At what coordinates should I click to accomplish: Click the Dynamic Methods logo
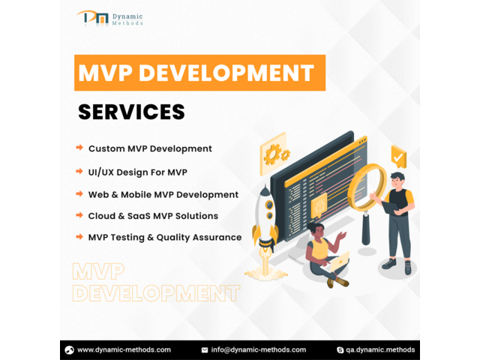110,18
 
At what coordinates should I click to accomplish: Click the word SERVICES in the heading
132,112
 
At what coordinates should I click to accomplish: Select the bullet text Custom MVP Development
150,148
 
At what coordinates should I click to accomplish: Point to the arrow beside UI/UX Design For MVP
79,171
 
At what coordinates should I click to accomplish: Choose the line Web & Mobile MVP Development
163,195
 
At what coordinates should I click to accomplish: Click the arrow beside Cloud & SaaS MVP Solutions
79,215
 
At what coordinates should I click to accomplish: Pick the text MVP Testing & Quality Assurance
165,237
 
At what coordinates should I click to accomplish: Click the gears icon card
274,154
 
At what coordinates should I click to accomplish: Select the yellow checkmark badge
398,157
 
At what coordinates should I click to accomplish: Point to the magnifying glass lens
367,187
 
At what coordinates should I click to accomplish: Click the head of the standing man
397,181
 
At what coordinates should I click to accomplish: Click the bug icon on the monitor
319,205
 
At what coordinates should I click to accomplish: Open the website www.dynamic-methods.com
124,350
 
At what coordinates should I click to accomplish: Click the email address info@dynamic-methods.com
258,350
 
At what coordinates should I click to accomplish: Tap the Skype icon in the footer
340,350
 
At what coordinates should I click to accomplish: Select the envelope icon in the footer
205,350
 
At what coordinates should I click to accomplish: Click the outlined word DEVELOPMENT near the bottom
156,293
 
